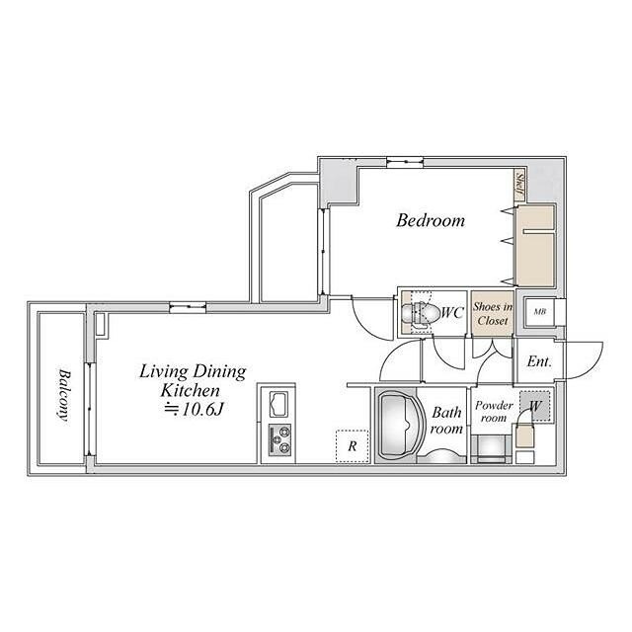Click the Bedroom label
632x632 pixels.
pyautogui.click(x=431, y=220)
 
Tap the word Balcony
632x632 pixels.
pyautogui.click(x=63, y=395)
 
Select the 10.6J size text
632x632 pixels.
pyautogui.click(x=195, y=410)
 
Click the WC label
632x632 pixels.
pyautogui.click(x=452, y=312)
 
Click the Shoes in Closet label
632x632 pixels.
pyautogui.click(x=493, y=314)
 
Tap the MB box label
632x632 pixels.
pyautogui.click(x=540, y=312)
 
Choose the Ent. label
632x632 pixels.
pyautogui.click(x=539, y=361)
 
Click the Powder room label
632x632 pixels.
pyautogui.click(x=494, y=412)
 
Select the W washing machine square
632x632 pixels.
pyautogui.click(x=535, y=406)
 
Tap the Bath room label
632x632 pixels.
pyautogui.click(x=446, y=421)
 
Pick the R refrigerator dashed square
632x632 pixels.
pyautogui.click(x=352, y=446)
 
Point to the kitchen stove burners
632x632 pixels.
pyautogui.click(x=279, y=439)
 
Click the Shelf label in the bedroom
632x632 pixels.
pyautogui.click(x=519, y=187)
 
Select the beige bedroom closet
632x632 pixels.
pyautogui.click(x=535, y=246)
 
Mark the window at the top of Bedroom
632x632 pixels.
pyautogui.click(x=405, y=161)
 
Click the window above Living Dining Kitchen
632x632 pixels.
pyautogui.click(x=188, y=307)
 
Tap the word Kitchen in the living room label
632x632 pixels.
pyautogui.click(x=191, y=390)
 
